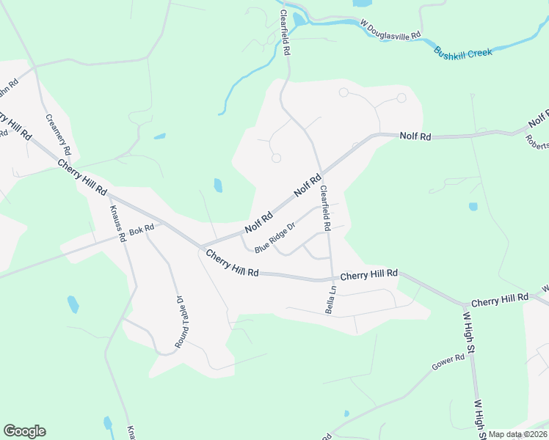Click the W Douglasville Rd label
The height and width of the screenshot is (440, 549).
point(390,30)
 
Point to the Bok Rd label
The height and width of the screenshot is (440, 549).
point(141,230)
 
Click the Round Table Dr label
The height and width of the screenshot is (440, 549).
point(180,322)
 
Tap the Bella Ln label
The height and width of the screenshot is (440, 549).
point(331,300)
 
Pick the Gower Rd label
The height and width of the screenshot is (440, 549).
point(449,362)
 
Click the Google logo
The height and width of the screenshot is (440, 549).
point(24,431)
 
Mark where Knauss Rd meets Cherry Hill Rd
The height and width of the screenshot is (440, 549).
point(110,196)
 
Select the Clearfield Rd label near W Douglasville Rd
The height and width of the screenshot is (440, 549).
point(286,34)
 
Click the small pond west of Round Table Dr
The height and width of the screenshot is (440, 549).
point(73,304)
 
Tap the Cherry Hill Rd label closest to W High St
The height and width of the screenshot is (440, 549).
point(500,299)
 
